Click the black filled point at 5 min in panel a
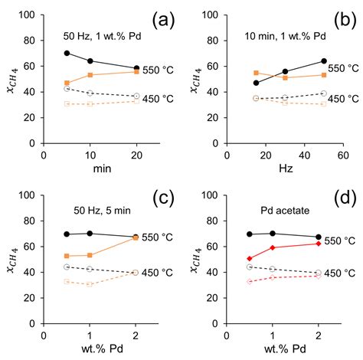coord(67,54)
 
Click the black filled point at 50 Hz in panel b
coord(324,61)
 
